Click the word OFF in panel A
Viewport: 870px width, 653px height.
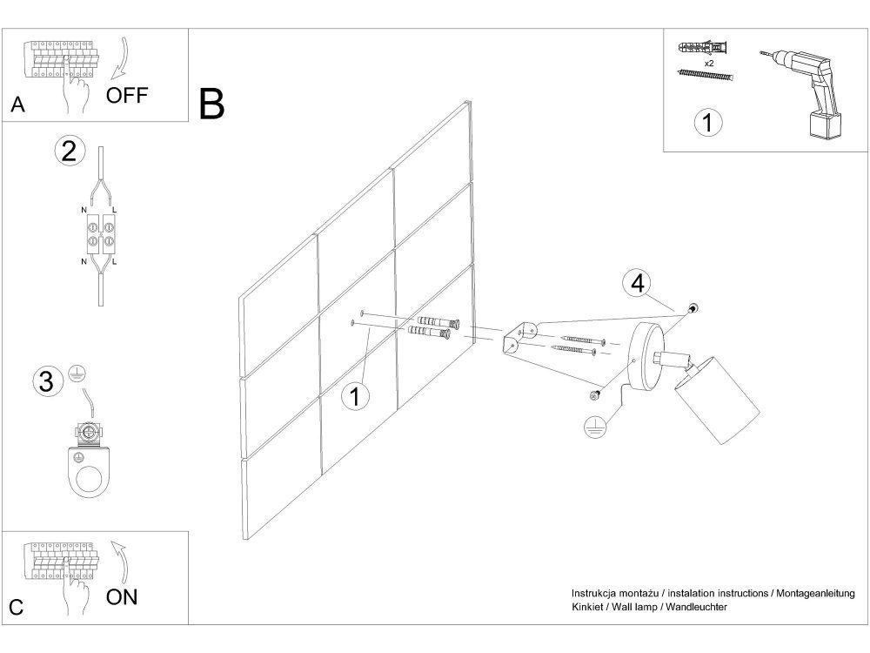pos(127,96)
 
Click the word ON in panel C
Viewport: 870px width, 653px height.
pos(122,597)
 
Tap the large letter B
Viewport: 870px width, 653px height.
pos(211,104)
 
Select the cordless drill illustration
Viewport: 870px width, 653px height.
pos(802,92)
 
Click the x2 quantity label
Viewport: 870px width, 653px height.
pos(708,64)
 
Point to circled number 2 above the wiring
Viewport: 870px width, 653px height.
pos(70,151)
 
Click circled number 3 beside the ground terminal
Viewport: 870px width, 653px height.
pos(47,381)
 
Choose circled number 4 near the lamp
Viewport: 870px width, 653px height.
pos(638,283)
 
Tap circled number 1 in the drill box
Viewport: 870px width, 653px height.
pos(708,122)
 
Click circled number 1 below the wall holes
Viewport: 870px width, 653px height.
pos(355,396)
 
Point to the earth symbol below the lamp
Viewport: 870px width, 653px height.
pos(595,427)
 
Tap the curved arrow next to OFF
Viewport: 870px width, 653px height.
pos(121,57)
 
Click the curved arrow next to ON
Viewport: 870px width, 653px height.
pos(120,562)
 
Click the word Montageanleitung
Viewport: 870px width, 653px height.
pos(815,594)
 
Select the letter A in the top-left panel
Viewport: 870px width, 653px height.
pos(17,104)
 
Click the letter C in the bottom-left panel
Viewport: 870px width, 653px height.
pos(17,607)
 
